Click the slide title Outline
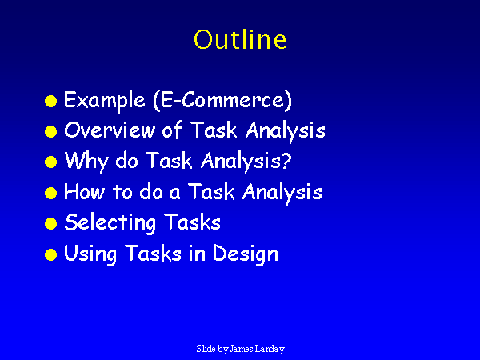coord(240,39)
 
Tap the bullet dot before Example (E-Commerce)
coord(51,102)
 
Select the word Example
coord(104,101)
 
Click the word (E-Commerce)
coord(222,100)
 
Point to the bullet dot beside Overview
coord(51,132)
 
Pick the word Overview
coord(110,130)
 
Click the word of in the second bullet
coord(172,129)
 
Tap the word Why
coord(86,162)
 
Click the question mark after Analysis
coord(286,160)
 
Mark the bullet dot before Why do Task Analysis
coord(51,162)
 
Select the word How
coord(85,191)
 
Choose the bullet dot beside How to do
coord(51,193)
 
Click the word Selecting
coord(110,223)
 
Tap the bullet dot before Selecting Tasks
coord(51,223)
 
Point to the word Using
coord(90,254)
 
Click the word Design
coord(246,254)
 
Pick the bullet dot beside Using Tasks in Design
coord(51,254)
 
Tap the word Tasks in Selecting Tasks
coord(193,222)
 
